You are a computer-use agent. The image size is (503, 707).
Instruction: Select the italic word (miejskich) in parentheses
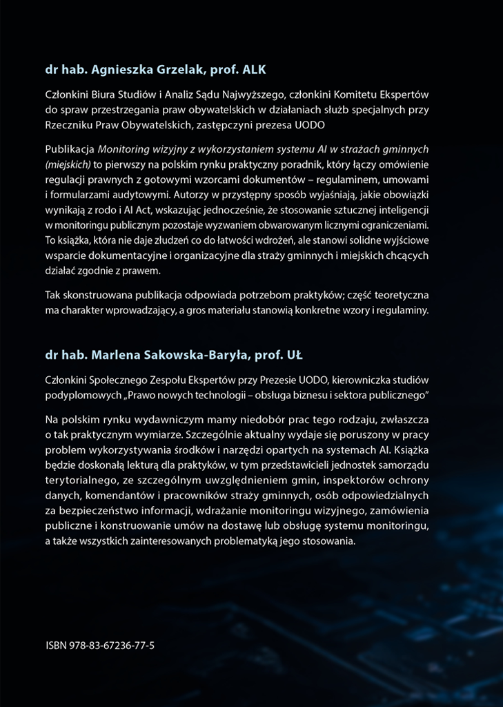[x=68, y=164]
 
